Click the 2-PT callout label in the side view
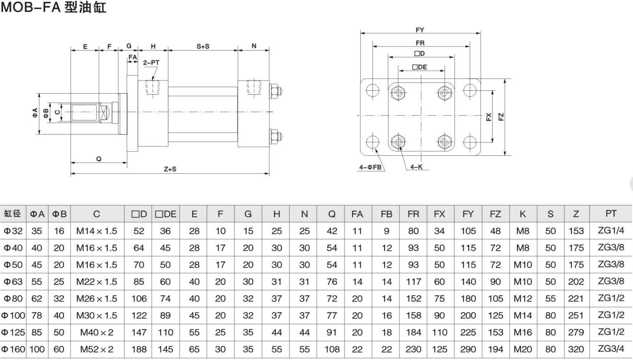point(151,63)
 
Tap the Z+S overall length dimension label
point(170,169)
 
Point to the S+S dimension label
point(203,46)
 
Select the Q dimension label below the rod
point(99,159)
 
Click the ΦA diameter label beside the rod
point(35,113)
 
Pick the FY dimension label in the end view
point(420,30)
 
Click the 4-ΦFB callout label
point(370,167)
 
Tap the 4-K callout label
point(416,167)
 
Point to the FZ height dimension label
point(501,117)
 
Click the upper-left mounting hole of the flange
point(373,90)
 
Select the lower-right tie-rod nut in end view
point(445,142)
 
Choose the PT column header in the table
point(610,214)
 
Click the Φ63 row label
point(13,281)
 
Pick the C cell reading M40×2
point(97,332)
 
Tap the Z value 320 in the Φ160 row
point(576,349)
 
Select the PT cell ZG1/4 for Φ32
point(610,230)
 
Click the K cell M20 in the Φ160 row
point(522,349)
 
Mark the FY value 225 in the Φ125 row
point(468,332)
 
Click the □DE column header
point(165,214)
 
